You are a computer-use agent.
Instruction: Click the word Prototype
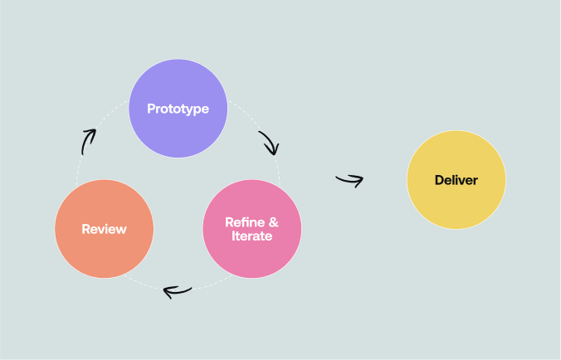click(178, 109)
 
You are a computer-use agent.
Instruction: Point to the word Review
click(104, 229)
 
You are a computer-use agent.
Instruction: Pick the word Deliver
click(456, 180)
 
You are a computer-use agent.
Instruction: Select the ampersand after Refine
click(273, 222)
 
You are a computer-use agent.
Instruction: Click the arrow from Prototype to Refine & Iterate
click(269, 143)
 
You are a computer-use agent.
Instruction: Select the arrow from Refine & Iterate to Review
click(178, 290)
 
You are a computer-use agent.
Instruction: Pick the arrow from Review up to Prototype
click(88, 141)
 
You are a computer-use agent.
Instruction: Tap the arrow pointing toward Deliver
click(349, 180)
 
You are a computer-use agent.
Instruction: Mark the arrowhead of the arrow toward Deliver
click(359, 180)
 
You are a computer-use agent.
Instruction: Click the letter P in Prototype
click(151, 109)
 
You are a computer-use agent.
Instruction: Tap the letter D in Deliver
click(439, 180)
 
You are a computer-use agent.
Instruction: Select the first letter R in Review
click(85, 229)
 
